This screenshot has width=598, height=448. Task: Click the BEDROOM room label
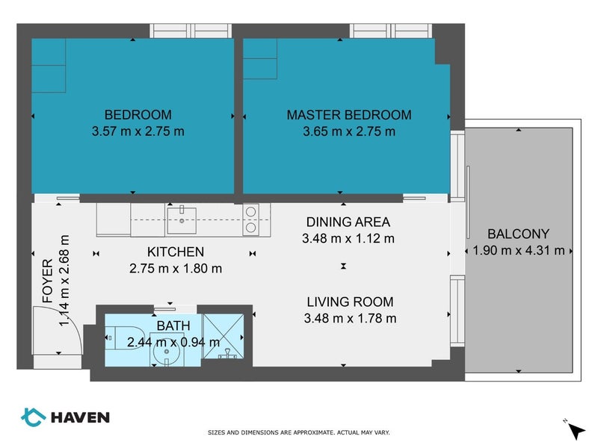(138, 115)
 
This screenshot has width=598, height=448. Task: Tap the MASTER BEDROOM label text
(349, 115)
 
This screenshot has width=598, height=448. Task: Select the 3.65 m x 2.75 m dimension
(349, 131)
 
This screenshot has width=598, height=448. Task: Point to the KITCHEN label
(176, 252)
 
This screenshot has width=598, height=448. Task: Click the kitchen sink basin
(182, 220)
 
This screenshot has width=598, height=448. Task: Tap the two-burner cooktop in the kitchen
(250, 220)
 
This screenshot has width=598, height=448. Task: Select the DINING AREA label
(348, 222)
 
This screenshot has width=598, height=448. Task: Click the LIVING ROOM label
(350, 302)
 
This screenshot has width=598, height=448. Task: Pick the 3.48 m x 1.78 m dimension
(350, 318)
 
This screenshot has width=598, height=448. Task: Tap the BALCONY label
(518, 234)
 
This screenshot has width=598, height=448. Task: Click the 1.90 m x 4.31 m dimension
(519, 250)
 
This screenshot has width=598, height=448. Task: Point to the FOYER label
(48, 281)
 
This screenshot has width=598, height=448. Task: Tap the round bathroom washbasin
(167, 352)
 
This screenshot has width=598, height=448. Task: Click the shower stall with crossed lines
(224, 337)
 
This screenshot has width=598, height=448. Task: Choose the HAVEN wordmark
(80, 417)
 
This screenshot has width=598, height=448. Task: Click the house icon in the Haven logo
(33, 417)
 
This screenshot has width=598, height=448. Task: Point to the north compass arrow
(576, 432)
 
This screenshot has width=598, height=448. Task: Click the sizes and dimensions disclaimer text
(298, 432)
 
